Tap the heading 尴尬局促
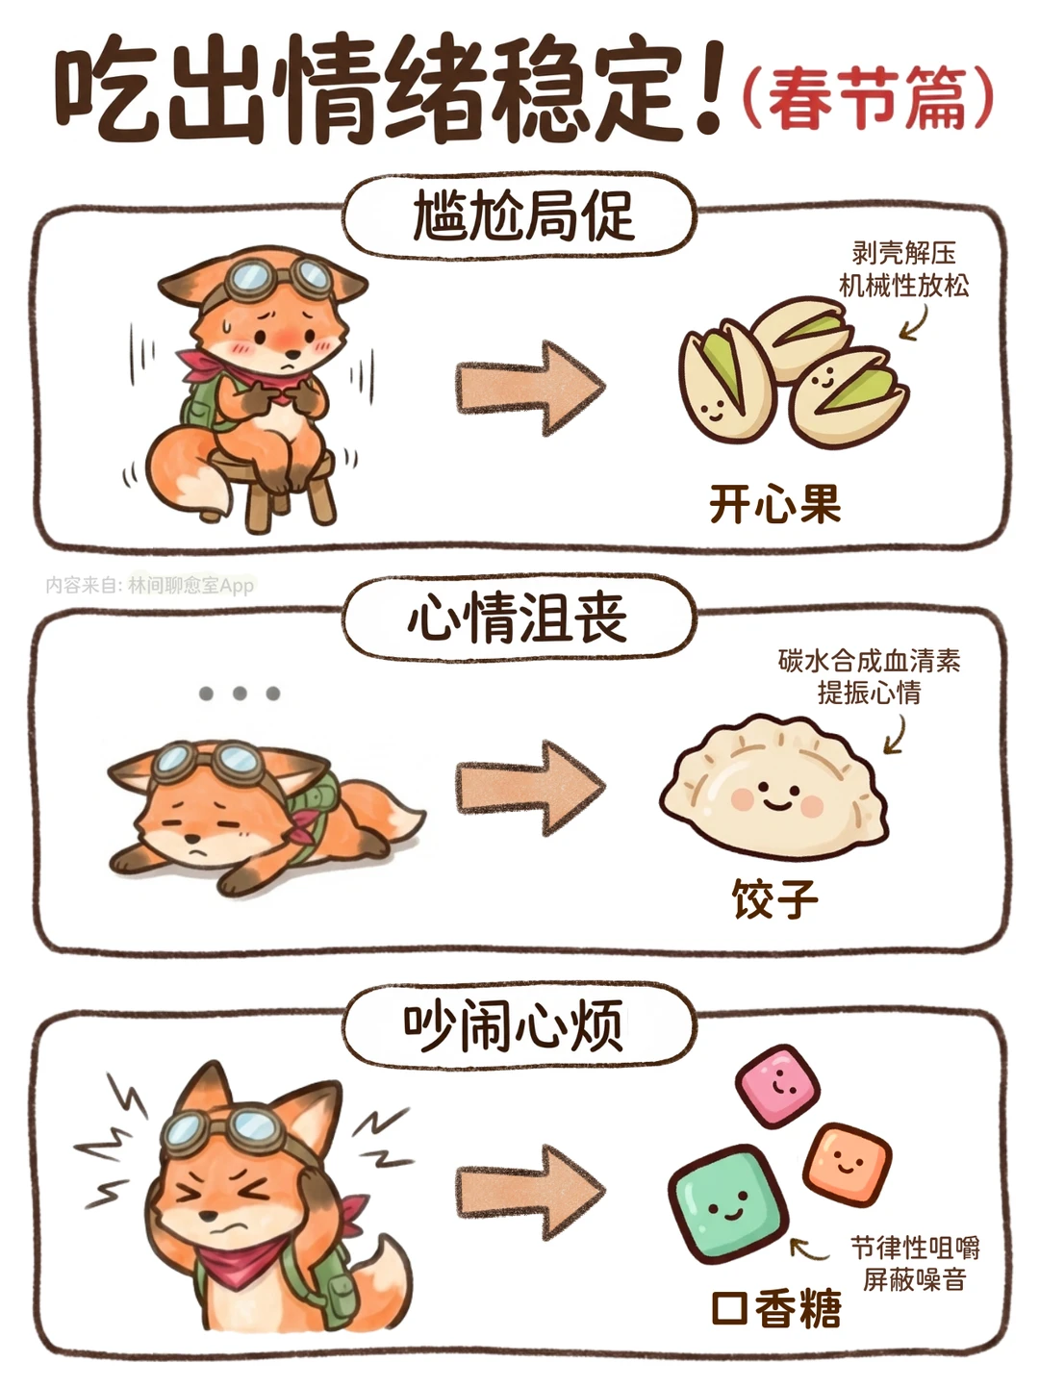click(x=523, y=216)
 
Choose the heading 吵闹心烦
click(x=514, y=1024)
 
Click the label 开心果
click(x=774, y=504)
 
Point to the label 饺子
click(x=774, y=898)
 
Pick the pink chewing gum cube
click(x=777, y=1085)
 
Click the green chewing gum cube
click(x=728, y=1205)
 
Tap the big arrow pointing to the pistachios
click(x=530, y=388)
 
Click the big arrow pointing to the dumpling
click(x=530, y=788)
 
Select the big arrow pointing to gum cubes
click(x=530, y=1193)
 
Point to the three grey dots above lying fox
click(x=239, y=694)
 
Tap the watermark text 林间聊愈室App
click(x=190, y=586)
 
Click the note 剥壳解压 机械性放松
click(x=903, y=269)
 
